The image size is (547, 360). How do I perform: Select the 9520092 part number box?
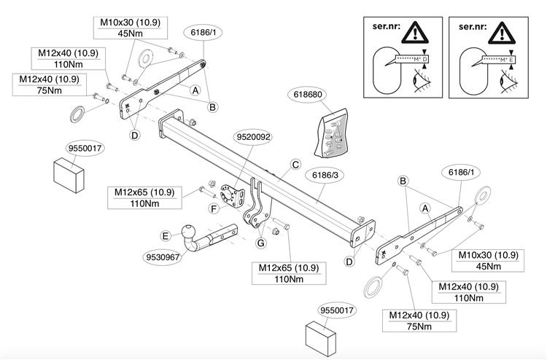(253, 136)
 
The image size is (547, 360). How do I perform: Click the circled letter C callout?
(296, 165)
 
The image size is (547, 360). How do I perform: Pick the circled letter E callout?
(166, 235)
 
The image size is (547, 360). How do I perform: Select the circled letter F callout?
(214, 208)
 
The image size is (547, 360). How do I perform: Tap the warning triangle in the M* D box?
(412, 33)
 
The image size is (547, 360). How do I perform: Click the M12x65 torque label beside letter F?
(144, 197)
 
